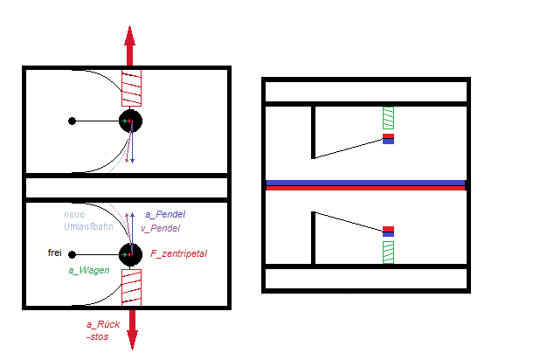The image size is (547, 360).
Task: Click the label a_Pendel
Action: click(165, 214)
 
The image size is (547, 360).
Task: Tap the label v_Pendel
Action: click(161, 228)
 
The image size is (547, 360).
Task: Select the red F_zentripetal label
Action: click(178, 253)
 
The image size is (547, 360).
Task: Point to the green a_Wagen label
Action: click(89, 270)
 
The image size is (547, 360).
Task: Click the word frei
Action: click(55, 253)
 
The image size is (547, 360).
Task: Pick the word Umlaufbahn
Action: click(88, 226)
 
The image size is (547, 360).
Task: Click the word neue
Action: click(74, 215)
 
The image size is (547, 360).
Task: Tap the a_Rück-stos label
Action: click(103, 330)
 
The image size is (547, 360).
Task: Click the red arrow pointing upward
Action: click(130, 45)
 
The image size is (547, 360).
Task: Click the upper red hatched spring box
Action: click(132, 88)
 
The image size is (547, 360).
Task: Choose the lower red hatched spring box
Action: click(132, 287)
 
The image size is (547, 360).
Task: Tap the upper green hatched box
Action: click(388, 118)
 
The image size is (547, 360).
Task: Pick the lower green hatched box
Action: click(388, 253)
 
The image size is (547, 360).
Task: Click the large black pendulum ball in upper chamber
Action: click(130, 121)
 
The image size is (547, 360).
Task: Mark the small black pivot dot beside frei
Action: click(72, 254)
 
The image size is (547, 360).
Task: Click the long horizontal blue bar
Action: click(365, 183)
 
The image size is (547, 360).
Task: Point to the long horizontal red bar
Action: click(365, 188)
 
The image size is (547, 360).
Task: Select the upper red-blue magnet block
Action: click(388, 139)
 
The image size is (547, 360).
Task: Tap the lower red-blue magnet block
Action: click(388, 232)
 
